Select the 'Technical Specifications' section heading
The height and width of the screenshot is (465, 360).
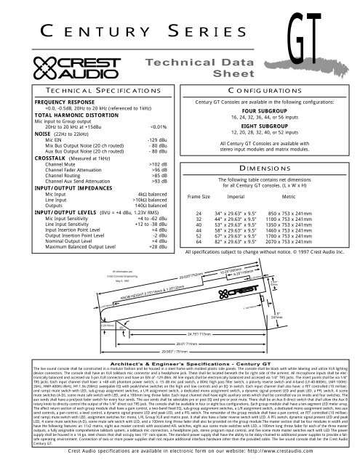click(x=89, y=86)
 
